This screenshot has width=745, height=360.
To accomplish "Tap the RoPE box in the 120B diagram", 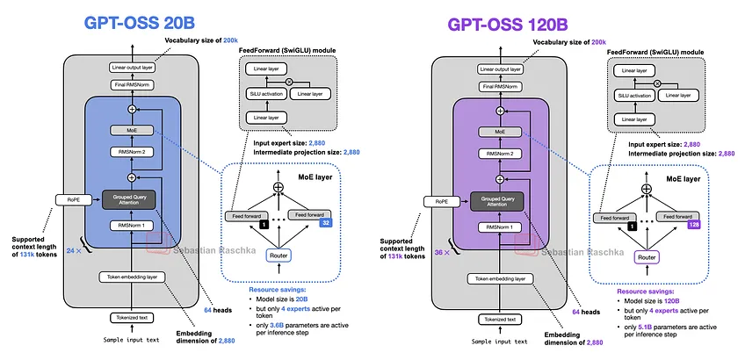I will pyautogui.click(x=441, y=200).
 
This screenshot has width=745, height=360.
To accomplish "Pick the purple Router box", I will pyautogui.click(x=647, y=258).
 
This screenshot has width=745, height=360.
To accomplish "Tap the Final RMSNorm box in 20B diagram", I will pyautogui.click(x=132, y=85).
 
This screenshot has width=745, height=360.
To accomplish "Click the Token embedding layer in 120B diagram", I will pyautogui.click(x=500, y=278).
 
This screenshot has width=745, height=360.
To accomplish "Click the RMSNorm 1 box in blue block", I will pyautogui.click(x=132, y=227).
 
